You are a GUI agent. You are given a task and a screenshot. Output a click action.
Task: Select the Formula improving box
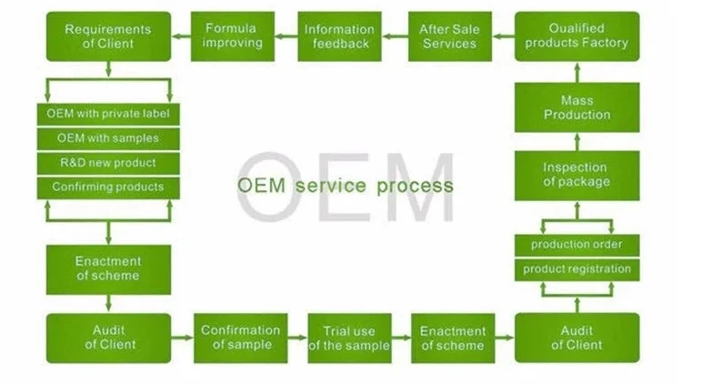[233, 36]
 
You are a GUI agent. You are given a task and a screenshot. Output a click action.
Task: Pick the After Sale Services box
[449, 36]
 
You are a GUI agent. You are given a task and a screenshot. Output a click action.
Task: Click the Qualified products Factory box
[577, 36]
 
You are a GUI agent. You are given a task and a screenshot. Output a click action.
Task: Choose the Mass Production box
[577, 107]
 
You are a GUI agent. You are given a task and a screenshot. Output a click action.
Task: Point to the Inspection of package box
[577, 175]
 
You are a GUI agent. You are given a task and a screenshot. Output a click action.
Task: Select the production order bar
[577, 245]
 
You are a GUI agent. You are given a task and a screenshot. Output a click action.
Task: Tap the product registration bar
[577, 269]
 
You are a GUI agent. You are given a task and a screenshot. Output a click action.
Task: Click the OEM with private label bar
[108, 115]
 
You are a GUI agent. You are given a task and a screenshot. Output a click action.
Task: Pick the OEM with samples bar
[108, 138]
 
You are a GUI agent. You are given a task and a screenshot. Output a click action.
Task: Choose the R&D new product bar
[108, 163]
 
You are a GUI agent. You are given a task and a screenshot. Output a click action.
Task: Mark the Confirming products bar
[108, 187]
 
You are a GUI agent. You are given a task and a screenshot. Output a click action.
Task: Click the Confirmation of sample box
[240, 338]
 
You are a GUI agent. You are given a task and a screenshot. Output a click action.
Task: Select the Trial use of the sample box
[349, 338]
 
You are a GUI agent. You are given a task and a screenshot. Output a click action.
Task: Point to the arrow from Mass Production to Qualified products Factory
[577, 71]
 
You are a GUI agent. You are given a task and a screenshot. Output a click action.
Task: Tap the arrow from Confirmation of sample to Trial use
[297, 339]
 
